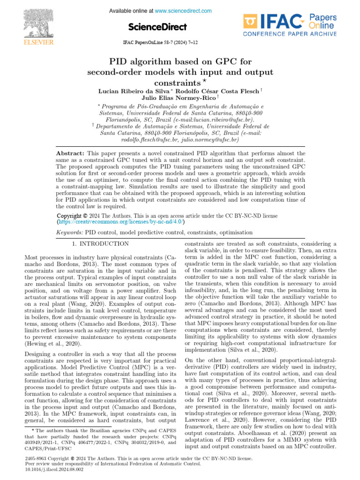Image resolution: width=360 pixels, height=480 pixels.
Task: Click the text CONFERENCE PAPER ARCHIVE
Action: [289, 34]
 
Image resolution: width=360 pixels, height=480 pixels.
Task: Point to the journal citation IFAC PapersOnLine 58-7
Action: [159, 43]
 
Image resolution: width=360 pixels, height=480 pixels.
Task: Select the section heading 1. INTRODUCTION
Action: [100, 244]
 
